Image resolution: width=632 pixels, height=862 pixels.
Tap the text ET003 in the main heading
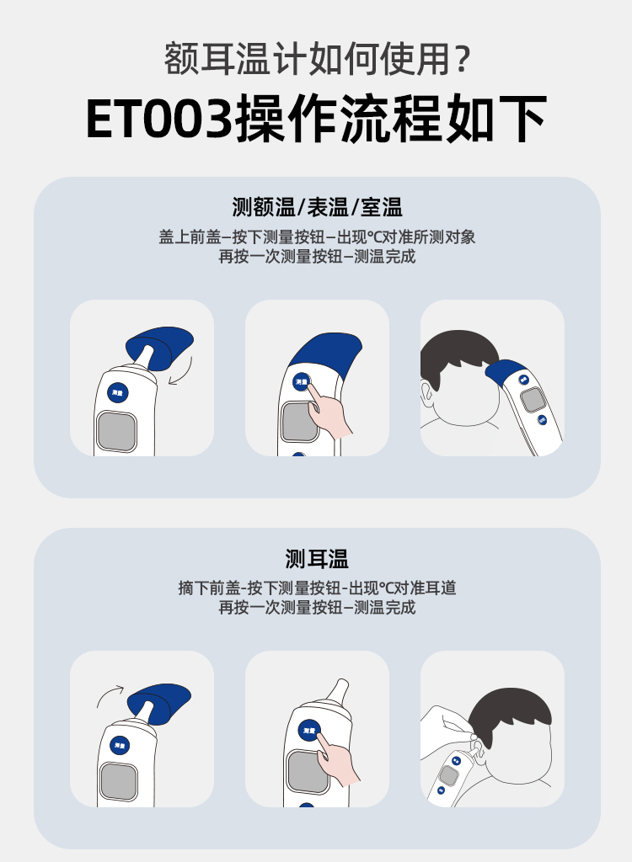[159, 118]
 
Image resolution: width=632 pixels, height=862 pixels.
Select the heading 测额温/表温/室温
[317, 207]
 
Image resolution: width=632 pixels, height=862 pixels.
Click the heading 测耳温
[317, 559]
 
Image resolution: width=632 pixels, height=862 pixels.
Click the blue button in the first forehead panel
[117, 392]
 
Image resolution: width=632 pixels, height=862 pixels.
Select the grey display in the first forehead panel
[117, 431]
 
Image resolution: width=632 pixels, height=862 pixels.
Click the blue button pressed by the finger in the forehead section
[301, 381]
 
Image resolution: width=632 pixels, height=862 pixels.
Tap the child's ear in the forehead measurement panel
[426, 395]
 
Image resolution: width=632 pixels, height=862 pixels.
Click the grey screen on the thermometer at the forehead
[533, 400]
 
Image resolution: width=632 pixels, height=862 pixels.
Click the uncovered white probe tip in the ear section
[339, 689]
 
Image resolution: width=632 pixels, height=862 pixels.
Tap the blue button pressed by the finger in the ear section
[309, 731]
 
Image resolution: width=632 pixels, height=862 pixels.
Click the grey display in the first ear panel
[118, 782]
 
